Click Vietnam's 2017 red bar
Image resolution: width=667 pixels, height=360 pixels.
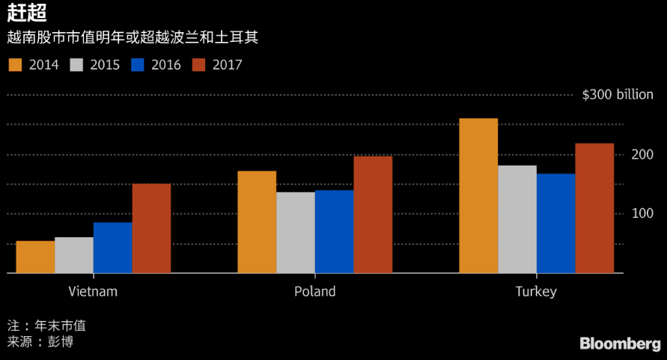pos(151,228)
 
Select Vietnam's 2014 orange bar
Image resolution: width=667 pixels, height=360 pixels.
pos(35,257)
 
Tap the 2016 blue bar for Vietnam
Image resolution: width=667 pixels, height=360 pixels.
pos(112,248)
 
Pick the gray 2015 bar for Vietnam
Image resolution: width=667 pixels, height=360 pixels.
pos(74,255)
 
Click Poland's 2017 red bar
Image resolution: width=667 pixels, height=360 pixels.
pos(373,215)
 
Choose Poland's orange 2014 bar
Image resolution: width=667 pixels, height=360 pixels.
pos(257,222)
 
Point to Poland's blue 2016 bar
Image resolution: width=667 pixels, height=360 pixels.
pos(334,232)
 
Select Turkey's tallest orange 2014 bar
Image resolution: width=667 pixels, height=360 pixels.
pos(478,196)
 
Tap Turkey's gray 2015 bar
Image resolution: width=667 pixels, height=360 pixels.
pos(517,219)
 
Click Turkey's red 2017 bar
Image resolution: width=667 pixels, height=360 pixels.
pos(594,208)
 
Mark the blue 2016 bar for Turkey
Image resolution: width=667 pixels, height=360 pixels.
pos(556,224)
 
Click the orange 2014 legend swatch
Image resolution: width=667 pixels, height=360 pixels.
pos(15,64)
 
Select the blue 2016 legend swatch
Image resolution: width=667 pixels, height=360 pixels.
pos(137,64)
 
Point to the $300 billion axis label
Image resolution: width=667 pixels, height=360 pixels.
pos(618,95)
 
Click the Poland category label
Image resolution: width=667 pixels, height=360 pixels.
pos(314,291)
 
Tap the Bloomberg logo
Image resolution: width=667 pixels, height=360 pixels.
pos(620,344)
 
